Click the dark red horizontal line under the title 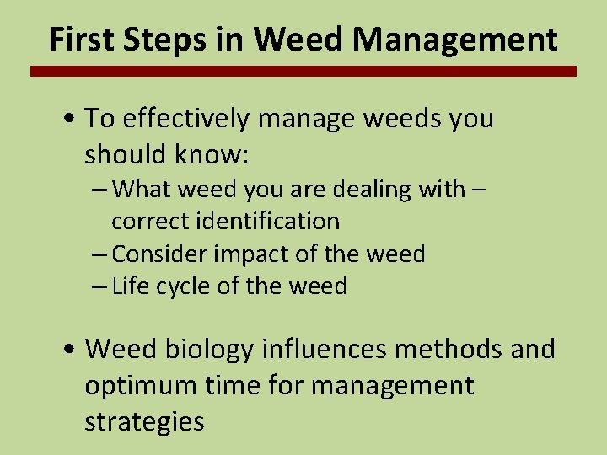pos(303,72)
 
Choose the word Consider pos(161,254)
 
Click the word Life pos(129,286)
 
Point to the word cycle pos(182,286)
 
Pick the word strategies pos(144,421)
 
